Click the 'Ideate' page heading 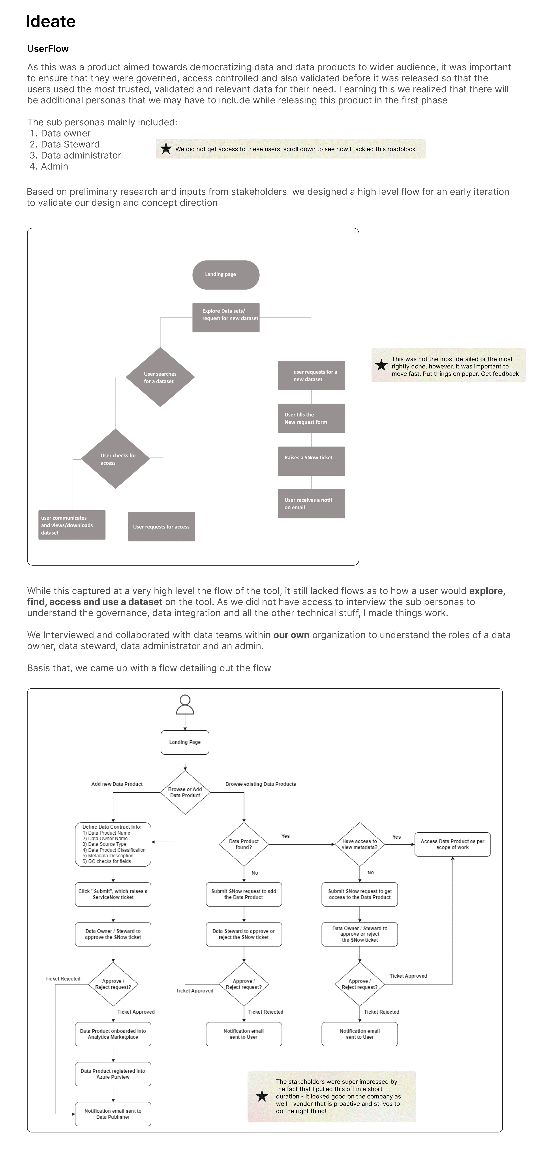51,21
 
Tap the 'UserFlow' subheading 48,49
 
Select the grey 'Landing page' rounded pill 226,275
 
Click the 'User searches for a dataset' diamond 160,377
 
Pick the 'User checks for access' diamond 115,459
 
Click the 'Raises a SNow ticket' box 311,461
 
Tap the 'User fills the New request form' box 311,418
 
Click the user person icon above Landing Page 185,705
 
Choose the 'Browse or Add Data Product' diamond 185,792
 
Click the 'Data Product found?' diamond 244,844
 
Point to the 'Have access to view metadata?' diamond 359,844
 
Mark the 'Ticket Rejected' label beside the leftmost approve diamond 63,979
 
